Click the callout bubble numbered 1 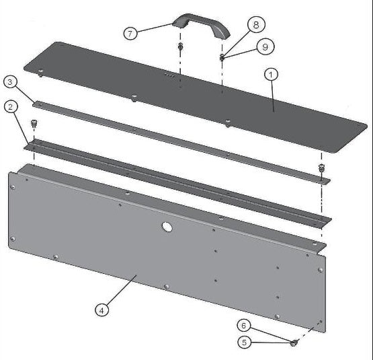pyautogui.click(x=270, y=75)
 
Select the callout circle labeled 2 pyautogui.click(x=10, y=106)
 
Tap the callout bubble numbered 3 pyautogui.click(x=10, y=82)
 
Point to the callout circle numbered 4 pyautogui.click(x=101, y=310)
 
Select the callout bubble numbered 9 pyautogui.click(x=265, y=48)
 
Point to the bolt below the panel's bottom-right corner pyautogui.click(x=294, y=344)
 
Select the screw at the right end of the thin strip pyautogui.click(x=321, y=168)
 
